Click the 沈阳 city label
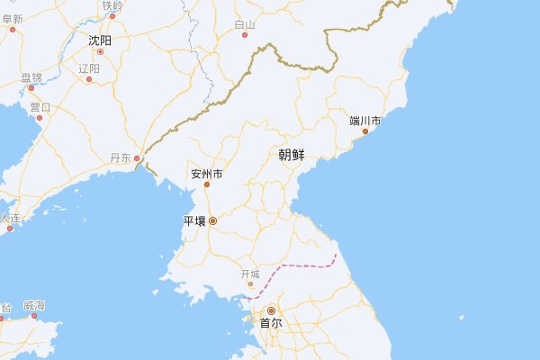click(x=100, y=40)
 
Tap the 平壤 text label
click(x=195, y=220)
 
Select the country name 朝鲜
click(x=292, y=155)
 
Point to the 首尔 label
click(x=271, y=323)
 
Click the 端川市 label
click(x=365, y=121)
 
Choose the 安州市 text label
click(x=207, y=174)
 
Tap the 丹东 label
click(x=121, y=158)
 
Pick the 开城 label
click(x=250, y=274)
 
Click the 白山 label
click(x=244, y=25)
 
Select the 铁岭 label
click(x=112, y=5)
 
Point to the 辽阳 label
click(x=89, y=68)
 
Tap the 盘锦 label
click(x=31, y=77)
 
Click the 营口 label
click(x=40, y=107)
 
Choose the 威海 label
click(x=34, y=305)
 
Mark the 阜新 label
click(x=13, y=18)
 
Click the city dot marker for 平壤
click(x=213, y=220)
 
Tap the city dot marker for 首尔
click(x=271, y=310)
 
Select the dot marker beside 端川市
click(x=365, y=131)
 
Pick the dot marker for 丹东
click(x=137, y=159)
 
